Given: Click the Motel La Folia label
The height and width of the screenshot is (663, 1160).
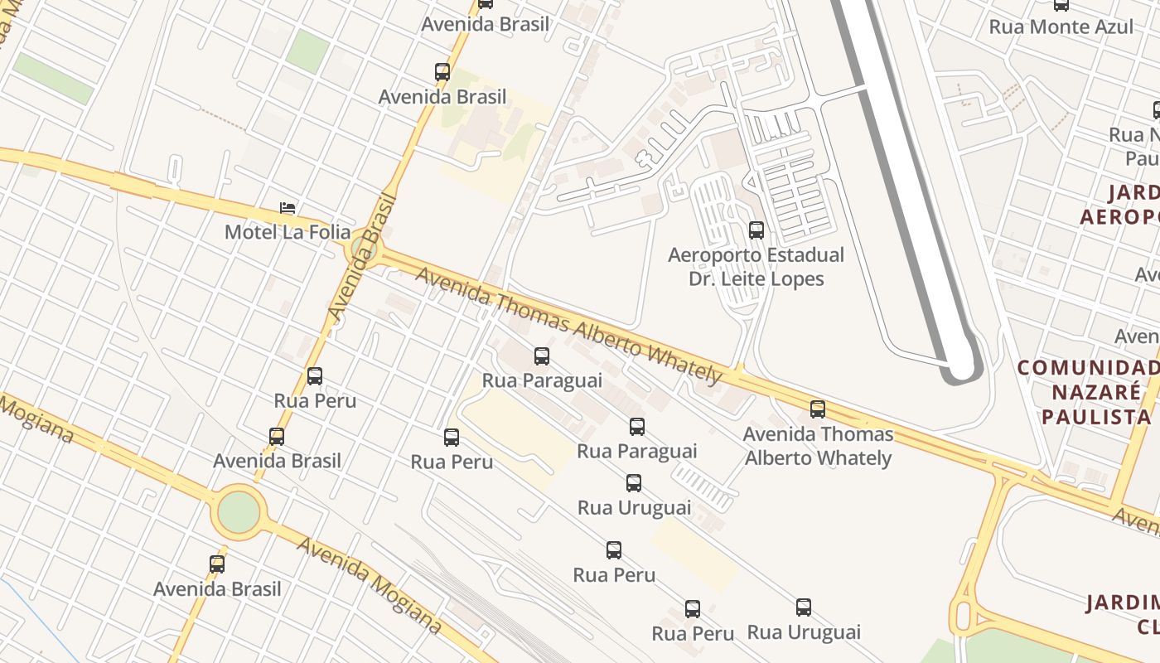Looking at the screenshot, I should (288, 232).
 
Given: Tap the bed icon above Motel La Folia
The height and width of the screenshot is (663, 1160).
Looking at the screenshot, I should (288, 208).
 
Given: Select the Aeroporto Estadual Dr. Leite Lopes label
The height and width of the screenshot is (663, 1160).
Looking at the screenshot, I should (756, 266).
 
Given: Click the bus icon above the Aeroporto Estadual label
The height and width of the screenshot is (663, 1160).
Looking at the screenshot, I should (756, 230).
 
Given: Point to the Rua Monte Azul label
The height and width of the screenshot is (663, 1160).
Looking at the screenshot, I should (1061, 27).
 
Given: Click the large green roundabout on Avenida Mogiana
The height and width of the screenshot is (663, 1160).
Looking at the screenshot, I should (239, 512).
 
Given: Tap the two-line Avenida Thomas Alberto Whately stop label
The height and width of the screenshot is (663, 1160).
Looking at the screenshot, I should (818, 446).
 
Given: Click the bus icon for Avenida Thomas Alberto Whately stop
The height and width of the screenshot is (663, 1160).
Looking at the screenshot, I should (818, 409).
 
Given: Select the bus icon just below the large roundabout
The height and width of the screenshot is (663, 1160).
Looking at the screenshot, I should (217, 564).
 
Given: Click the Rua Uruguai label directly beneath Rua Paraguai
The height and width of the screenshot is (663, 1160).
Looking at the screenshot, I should (634, 507).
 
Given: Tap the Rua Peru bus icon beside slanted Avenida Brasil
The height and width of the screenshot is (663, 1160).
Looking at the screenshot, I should (315, 376).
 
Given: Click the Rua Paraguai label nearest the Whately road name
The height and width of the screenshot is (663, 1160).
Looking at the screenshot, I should (542, 380).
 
